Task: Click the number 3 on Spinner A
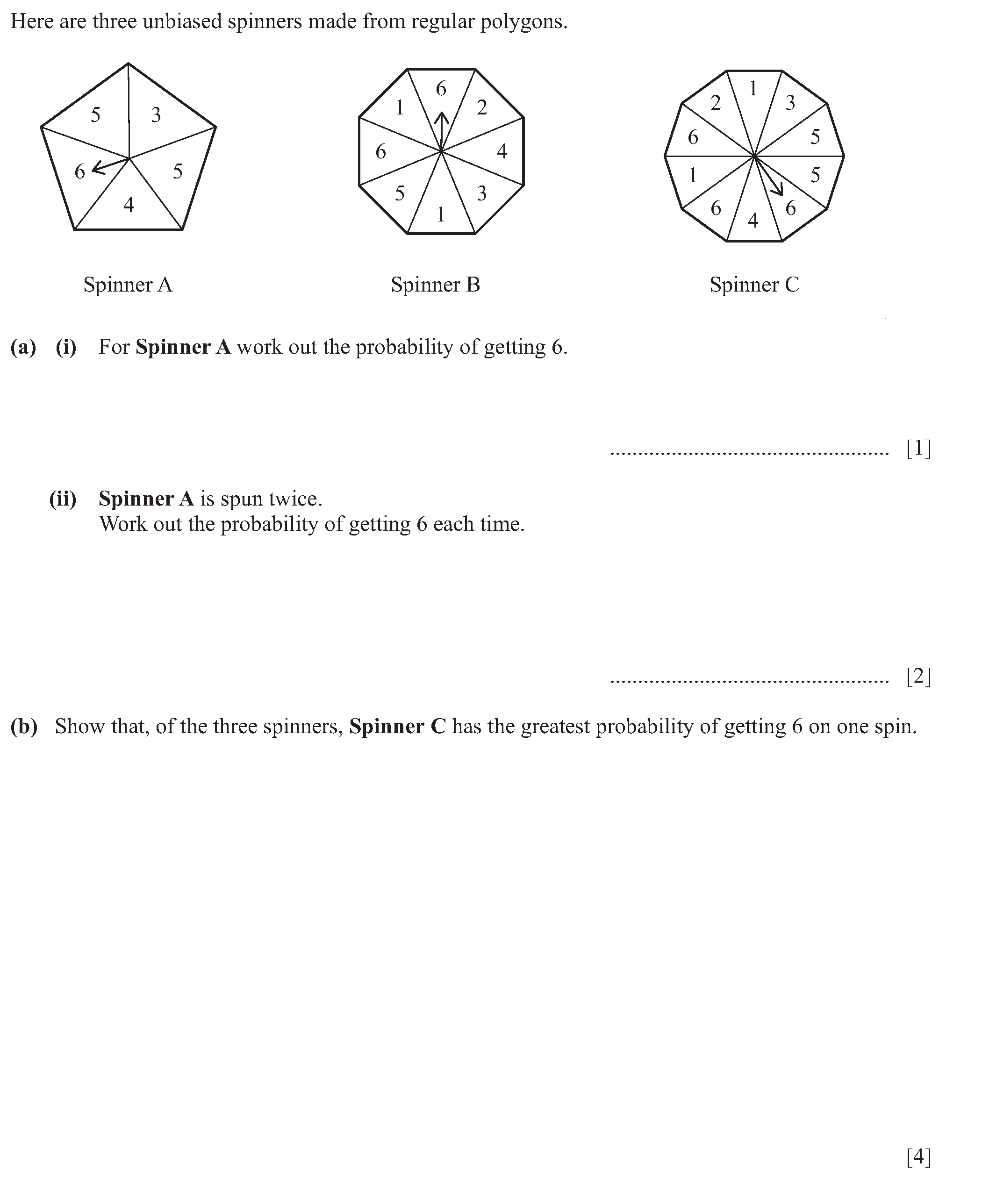(x=156, y=115)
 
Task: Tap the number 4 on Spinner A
(x=129, y=205)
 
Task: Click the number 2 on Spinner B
(x=481, y=107)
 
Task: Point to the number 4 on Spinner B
(x=502, y=151)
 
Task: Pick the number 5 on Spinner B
(x=400, y=194)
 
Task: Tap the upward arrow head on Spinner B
(x=442, y=117)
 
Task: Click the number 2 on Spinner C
(x=715, y=103)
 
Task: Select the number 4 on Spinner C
(x=753, y=220)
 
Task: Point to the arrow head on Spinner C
(x=777, y=191)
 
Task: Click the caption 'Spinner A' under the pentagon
(x=128, y=285)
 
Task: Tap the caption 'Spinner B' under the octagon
(x=436, y=285)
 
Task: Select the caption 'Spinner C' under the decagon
(x=754, y=285)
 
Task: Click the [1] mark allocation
(x=918, y=449)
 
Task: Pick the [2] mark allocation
(x=918, y=677)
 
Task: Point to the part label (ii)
(x=63, y=498)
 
